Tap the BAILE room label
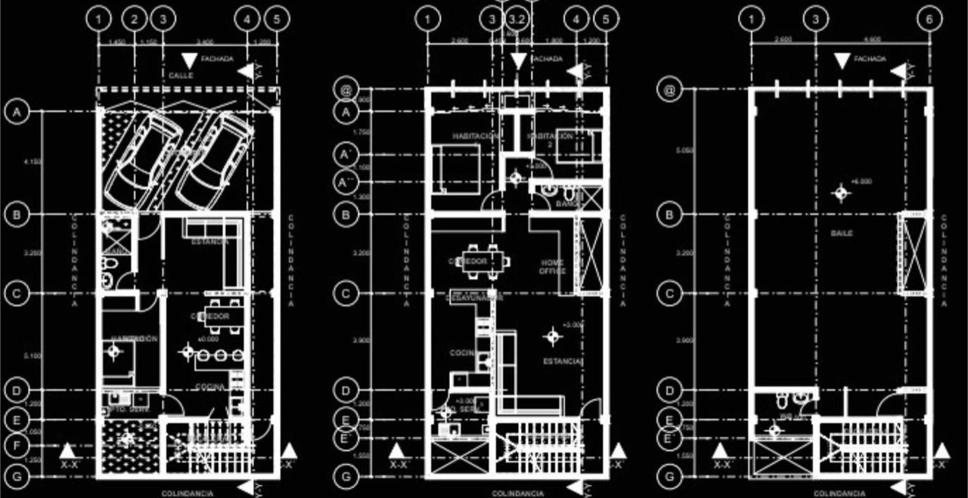coord(842,234)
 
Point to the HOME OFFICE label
coord(552,266)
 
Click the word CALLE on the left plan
coord(181,76)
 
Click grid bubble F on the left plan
coord(16,447)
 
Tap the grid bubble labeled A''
coord(346,182)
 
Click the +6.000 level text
coord(861,182)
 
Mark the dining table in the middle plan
coord(485,258)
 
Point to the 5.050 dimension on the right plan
coord(685,151)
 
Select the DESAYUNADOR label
coord(474,298)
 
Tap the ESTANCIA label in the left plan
coord(209,243)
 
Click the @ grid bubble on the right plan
coord(669,91)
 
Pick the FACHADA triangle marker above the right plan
coord(842,61)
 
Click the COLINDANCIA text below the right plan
coord(839,493)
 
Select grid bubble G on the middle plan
coord(346,477)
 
